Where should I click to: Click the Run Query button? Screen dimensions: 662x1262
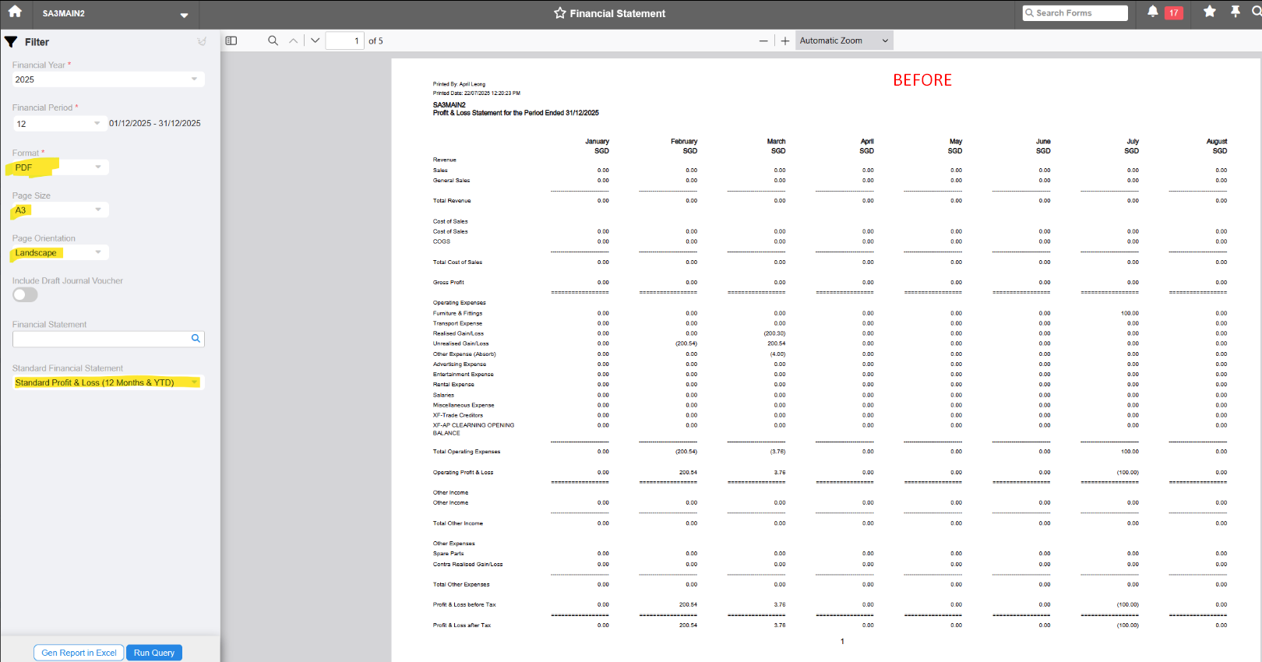[x=153, y=653]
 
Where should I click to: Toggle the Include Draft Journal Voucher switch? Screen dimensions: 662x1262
[x=25, y=294]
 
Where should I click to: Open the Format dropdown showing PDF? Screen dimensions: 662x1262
[x=59, y=167]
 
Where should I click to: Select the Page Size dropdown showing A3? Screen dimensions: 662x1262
[x=59, y=210]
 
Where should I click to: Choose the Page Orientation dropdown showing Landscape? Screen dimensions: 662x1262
[x=59, y=252]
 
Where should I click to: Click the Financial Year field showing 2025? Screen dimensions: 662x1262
[x=108, y=79]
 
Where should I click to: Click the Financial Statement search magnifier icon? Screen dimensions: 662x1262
[x=196, y=339]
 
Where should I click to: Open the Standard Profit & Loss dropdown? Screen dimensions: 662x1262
[x=108, y=382]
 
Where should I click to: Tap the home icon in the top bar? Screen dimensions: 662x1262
[x=15, y=12]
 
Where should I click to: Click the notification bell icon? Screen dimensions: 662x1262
[x=1153, y=12]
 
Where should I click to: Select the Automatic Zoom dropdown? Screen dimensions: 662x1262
[x=844, y=40]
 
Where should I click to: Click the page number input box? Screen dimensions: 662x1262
[x=344, y=40]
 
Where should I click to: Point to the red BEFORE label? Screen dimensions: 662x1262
[x=922, y=80]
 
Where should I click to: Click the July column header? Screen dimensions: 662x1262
[x=1132, y=142]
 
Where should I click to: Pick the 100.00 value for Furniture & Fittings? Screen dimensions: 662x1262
[x=1130, y=313]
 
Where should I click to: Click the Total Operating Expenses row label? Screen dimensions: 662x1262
[x=467, y=452]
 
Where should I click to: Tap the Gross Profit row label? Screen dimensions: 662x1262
[x=449, y=283]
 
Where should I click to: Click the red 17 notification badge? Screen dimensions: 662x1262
[x=1173, y=13]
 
